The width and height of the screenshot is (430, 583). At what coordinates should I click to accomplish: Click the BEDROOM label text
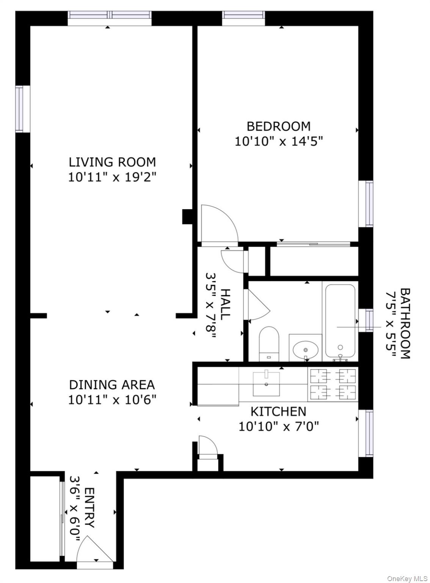tap(278, 126)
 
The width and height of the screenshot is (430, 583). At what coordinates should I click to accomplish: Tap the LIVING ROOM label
tap(112, 162)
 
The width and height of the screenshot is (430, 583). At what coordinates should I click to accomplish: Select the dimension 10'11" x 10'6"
tap(112, 400)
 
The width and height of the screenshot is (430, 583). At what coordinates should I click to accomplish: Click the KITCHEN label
tap(278, 411)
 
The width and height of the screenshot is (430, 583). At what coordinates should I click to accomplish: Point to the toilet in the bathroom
tap(269, 343)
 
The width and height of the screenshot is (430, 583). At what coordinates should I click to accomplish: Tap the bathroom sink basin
tap(306, 348)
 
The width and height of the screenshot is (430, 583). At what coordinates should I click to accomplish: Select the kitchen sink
tap(266, 384)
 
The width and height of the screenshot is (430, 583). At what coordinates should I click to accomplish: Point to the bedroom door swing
tap(218, 224)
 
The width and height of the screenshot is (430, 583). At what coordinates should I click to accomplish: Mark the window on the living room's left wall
tap(22, 109)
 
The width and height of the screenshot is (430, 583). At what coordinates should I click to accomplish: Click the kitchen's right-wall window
tap(366, 433)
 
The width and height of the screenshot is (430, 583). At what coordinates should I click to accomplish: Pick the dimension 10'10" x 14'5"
tap(278, 142)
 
